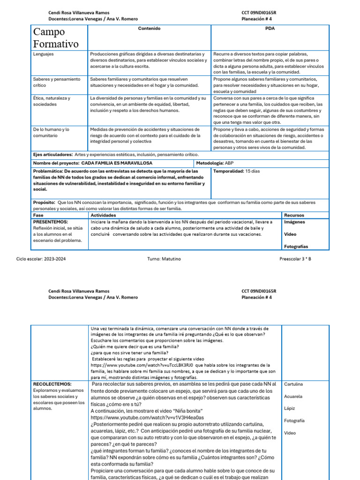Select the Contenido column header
pyautogui.click(x=149, y=29)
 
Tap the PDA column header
pyautogui.click(x=270, y=29)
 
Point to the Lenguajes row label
pyautogui.click(x=44, y=54)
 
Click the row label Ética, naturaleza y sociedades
pyautogui.click(x=52, y=101)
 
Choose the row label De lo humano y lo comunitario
pyautogui.click(x=51, y=132)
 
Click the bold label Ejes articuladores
pyautogui.click(x=53, y=155)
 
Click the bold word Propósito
pyautogui.click(x=44, y=202)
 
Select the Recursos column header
pyautogui.click(x=294, y=215)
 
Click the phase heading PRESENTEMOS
pyautogui.click(x=51, y=222)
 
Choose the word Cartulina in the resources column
pyautogui.click(x=293, y=384)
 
